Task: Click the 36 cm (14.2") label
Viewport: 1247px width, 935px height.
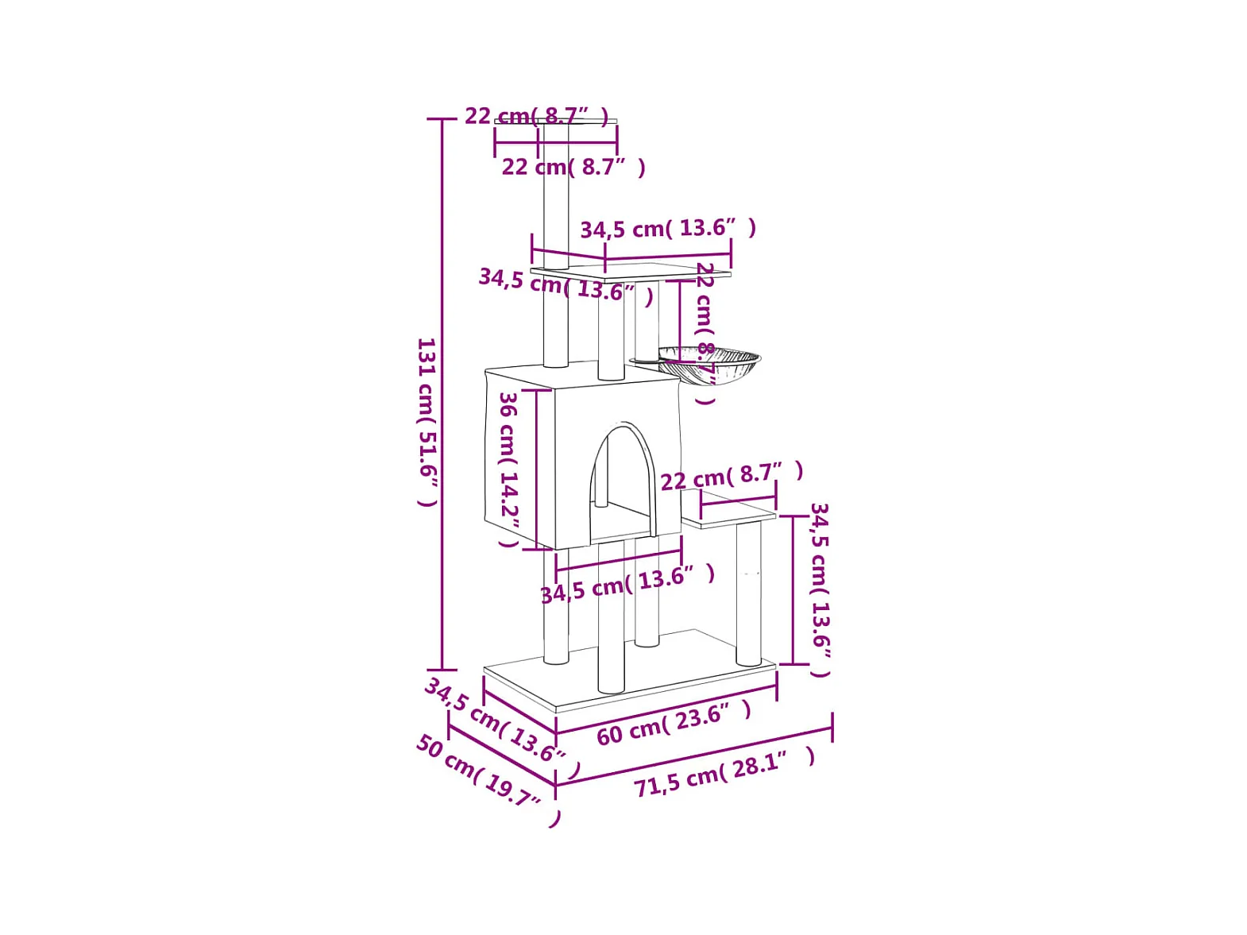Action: pyautogui.click(x=509, y=469)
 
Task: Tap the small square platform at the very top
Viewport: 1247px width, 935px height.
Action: pyautogui.click(x=555, y=122)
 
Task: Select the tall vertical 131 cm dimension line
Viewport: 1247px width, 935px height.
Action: pyautogui.click(x=442, y=395)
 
